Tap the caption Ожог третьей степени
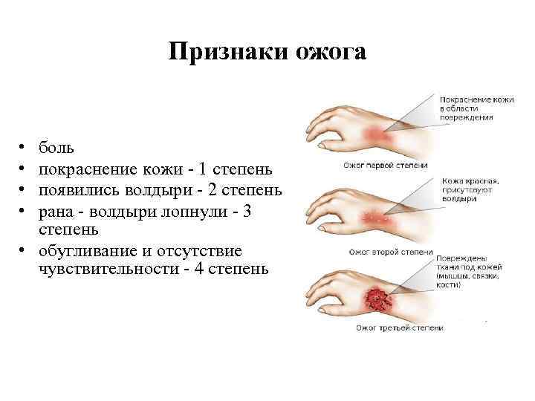400,327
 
